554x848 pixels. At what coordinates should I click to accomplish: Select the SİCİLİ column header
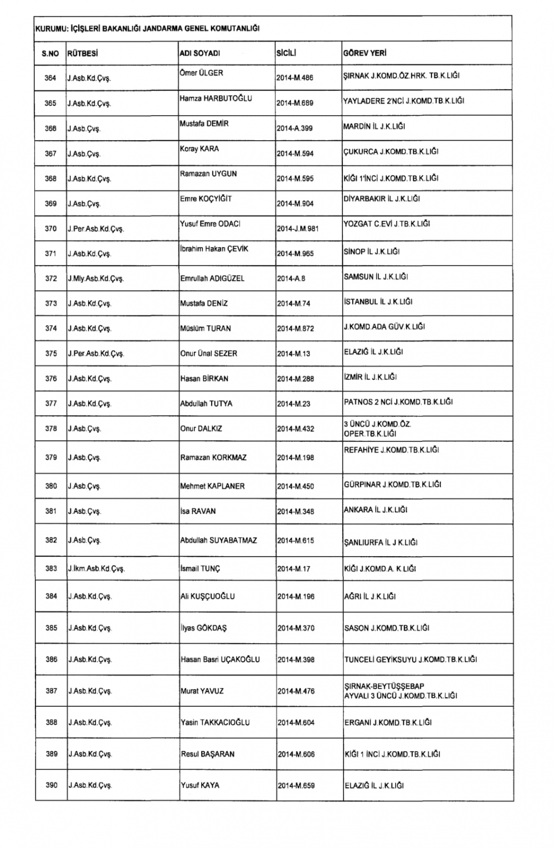[x=286, y=54]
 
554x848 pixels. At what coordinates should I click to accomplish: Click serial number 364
[x=50, y=78]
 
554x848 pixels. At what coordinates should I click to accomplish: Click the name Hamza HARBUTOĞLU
[x=216, y=99]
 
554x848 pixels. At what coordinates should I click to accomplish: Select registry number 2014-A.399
[x=295, y=128]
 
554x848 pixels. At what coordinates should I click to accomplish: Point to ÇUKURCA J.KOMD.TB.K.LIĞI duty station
[x=391, y=151]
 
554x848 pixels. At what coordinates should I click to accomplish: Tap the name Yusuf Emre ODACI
[x=210, y=224]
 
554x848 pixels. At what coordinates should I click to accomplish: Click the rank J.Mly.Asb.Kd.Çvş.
[x=96, y=279]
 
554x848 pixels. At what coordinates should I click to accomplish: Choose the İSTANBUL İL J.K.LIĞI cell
[x=378, y=302]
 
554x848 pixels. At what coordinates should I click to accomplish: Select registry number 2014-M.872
[x=295, y=328]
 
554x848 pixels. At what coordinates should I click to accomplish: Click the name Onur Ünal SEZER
[x=208, y=353]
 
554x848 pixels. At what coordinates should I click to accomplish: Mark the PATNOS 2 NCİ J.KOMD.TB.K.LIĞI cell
[x=398, y=402]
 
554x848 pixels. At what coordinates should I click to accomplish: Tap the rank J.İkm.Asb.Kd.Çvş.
[x=96, y=568]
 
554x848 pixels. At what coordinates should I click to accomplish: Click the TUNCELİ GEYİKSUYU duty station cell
[x=410, y=659]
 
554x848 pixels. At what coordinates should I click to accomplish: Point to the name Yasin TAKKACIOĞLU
[x=215, y=722]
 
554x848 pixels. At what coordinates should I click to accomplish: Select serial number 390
[x=51, y=785]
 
